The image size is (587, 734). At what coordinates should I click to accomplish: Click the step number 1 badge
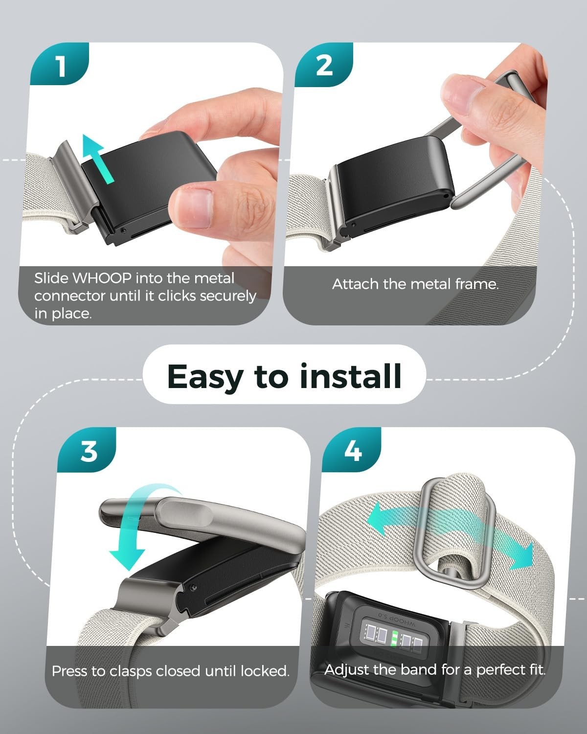pyautogui.click(x=59, y=64)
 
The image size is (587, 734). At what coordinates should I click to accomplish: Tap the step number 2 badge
pyautogui.click(x=323, y=65)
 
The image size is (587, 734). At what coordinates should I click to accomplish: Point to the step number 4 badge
pyautogui.click(x=352, y=450)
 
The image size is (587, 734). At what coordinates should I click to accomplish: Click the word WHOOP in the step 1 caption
pyautogui.click(x=102, y=278)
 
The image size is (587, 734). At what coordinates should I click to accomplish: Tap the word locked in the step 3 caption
pyautogui.click(x=265, y=671)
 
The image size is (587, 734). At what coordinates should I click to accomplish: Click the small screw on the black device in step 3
pyautogui.click(x=193, y=587)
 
